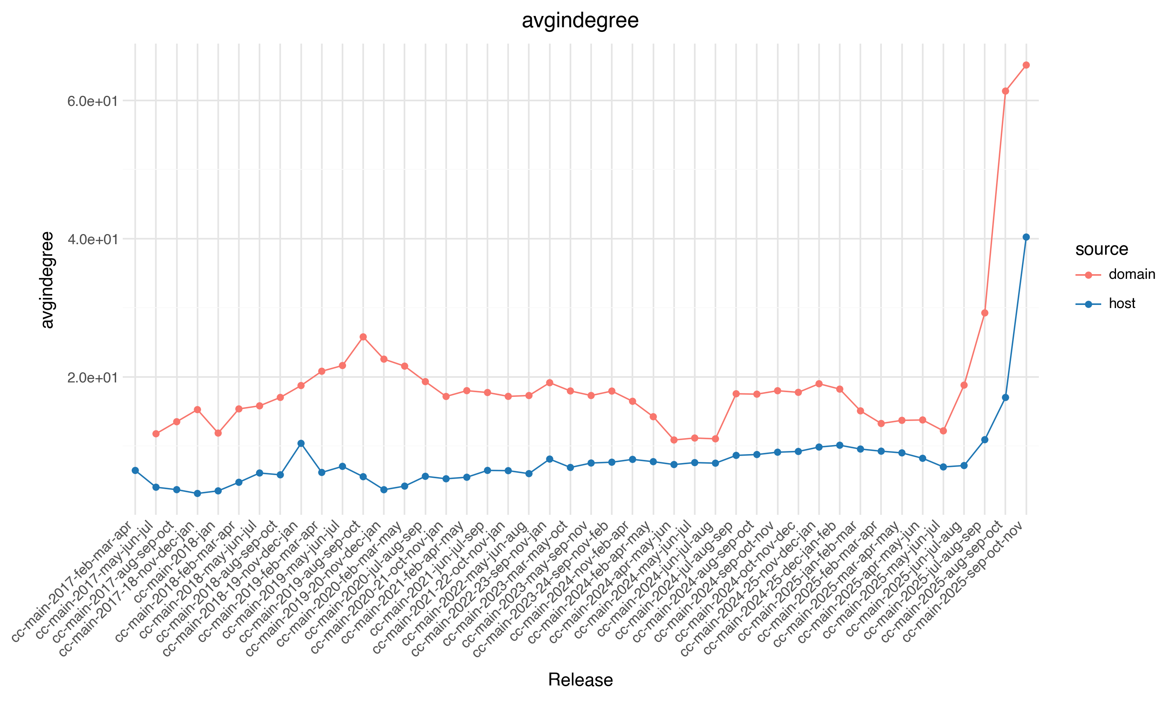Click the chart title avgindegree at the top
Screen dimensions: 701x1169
(x=580, y=21)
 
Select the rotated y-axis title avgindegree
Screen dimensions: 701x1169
(x=47, y=280)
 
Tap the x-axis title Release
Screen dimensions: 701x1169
(x=580, y=680)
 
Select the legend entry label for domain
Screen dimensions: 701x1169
(x=1132, y=275)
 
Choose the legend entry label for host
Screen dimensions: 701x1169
(x=1122, y=303)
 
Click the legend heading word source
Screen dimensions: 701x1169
(x=1102, y=249)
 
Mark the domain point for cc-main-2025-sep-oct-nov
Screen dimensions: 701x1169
(x=1026, y=65)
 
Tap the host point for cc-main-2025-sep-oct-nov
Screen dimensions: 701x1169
(x=1026, y=237)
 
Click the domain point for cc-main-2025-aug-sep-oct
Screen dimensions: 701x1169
(x=1005, y=91)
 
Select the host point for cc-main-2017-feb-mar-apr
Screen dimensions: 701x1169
(x=135, y=470)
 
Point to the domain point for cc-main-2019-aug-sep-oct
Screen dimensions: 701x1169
(x=363, y=337)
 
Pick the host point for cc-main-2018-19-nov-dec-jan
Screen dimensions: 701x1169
(x=301, y=444)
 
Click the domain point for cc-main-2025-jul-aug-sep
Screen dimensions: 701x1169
(x=985, y=313)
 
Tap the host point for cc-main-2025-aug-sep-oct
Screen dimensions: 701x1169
(x=1005, y=398)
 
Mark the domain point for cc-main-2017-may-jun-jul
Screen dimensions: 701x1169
(x=156, y=433)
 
